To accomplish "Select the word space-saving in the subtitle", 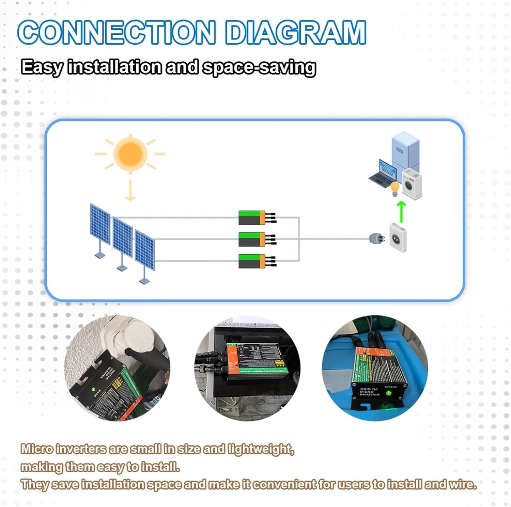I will point(259,67).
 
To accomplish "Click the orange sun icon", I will point(130,154).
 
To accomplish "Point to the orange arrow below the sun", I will point(130,191).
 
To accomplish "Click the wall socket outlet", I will point(398,237).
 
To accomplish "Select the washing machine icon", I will point(412,184).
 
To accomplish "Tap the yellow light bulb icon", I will point(395,188).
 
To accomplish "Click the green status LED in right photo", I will point(388,394).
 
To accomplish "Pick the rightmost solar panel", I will point(145,250).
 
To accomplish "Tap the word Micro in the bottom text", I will point(37,449).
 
